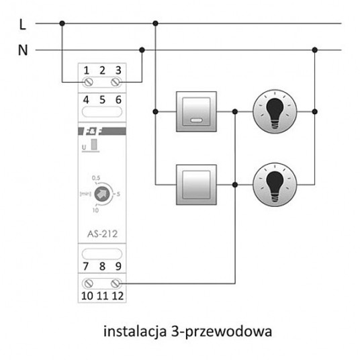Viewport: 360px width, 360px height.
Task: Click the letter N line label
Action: [22, 50]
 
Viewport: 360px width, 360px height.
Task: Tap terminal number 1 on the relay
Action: [87, 70]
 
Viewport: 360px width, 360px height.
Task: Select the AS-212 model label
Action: [102, 235]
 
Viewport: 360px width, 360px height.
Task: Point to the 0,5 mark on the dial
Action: [96, 177]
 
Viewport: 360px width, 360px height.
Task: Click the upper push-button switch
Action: [196, 109]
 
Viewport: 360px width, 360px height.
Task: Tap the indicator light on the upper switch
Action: [196, 121]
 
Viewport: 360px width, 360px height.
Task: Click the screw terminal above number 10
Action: [87, 283]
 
